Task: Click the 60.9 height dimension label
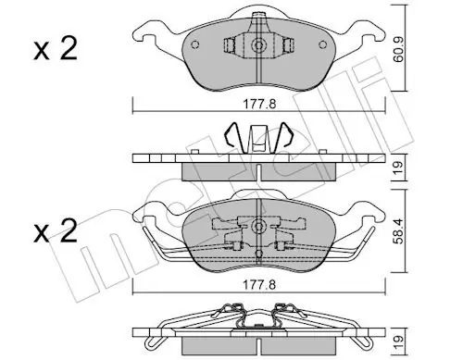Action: pyautogui.click(x=399, y=50)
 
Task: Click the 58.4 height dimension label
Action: pyautogui.click(x=399, y=231)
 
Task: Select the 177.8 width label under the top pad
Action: pyautogui.click(x=259, y=105)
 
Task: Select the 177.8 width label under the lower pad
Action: pyautogui.click(x=259, y=285)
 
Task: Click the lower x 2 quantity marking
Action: pyautogui.click(x=56, y=231)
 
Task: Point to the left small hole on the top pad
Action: pyautogui.click(x=194, y=44)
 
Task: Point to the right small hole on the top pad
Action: pyautogui.click(x=322, y=44)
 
